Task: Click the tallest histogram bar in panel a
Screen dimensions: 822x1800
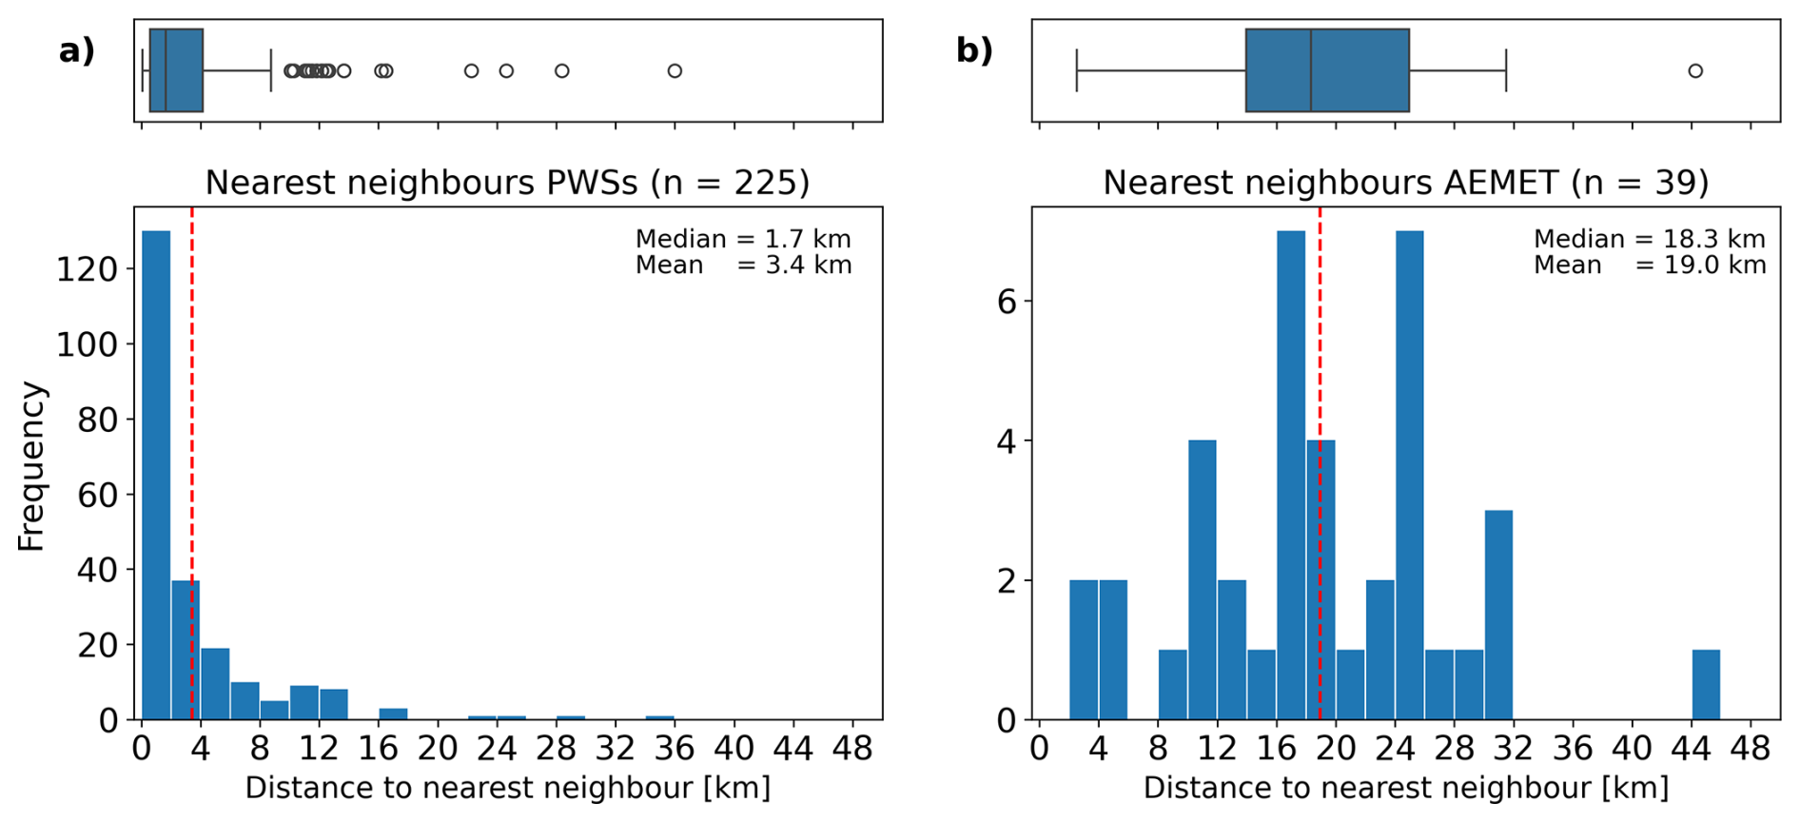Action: coord(156,476)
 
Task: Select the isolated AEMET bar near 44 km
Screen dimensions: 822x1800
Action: coord(1706,685)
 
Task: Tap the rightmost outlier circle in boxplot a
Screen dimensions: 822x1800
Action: coord(675,71)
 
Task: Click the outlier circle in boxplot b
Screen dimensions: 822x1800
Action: coord(1695,71)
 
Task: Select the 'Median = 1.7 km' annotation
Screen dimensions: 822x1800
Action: coord(743,239)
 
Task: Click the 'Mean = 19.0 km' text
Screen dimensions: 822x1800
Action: coord(1649,265)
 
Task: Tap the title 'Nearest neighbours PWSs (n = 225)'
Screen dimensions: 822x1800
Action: coord(507,183)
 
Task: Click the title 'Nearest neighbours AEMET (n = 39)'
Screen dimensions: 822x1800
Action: coord(1405,183)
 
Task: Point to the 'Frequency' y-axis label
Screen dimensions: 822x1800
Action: coord(31,466)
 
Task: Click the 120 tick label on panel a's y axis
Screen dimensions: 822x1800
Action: coord(87,270)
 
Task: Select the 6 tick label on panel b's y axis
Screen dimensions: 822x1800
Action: coord(1007,303)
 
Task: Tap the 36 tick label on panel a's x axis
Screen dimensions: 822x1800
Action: coord(675,750)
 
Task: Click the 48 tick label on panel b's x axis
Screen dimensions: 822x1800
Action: coord(1751,750)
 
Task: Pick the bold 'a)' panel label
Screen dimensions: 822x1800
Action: coord(77,50)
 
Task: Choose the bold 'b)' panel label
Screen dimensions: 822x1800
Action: coord(974,50)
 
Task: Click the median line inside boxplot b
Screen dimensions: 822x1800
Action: coord(1311,71)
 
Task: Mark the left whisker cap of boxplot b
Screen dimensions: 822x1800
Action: coord(1077,71)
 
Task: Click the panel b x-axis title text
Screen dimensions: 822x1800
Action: coord(1405,789)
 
